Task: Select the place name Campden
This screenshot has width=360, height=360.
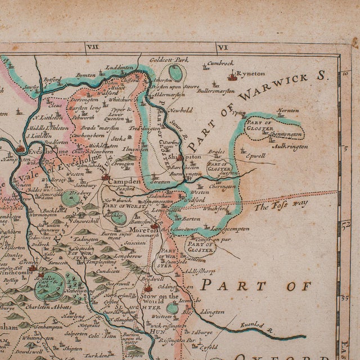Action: pos(128,183)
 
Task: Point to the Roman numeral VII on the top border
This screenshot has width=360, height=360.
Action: pos(94,48)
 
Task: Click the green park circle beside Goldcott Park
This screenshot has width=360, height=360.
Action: pos(175,72)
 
